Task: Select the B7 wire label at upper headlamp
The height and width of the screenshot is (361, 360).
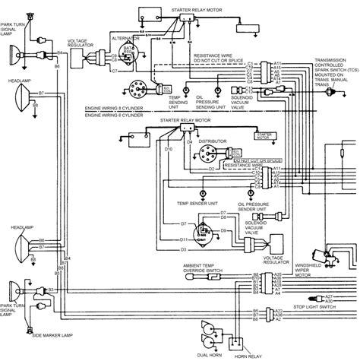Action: [x=41, y=93]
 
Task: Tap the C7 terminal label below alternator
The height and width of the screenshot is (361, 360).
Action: [x=114, y=71]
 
